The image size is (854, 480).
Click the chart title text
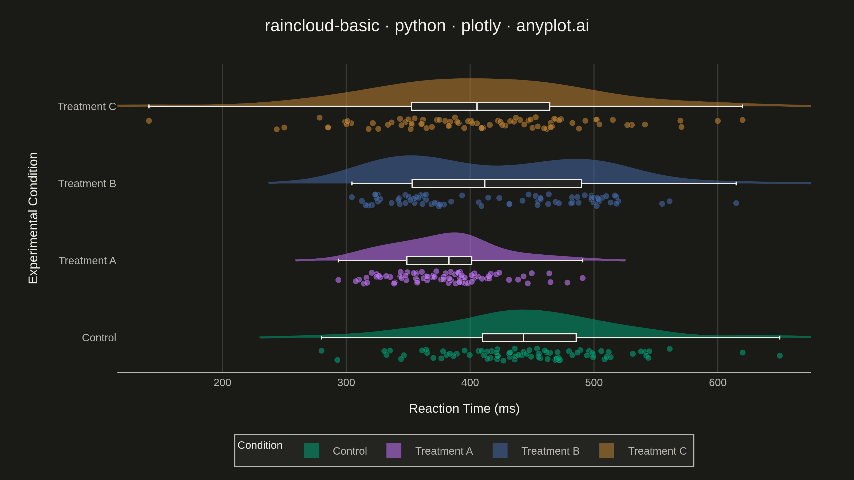[427, 26]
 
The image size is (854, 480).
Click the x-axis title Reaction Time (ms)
[464, 409]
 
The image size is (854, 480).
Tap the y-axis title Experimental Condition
[33, 218]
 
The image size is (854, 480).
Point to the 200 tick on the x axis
[222, 383]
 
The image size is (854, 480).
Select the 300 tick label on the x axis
[346, 383]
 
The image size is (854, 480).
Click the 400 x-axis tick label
[470, 383]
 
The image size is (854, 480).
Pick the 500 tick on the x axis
[594, 383]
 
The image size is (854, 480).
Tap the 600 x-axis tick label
[718, 383]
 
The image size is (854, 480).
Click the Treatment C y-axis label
[87, 107]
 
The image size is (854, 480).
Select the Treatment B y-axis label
[87, 183]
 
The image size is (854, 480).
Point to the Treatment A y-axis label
[88, 261]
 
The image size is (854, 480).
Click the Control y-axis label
[99, 338]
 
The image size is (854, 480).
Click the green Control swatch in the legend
[311, 450]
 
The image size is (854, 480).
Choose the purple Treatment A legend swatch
[394, 450]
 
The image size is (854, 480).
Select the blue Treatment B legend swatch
[500, 450]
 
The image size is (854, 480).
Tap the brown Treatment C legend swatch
[607, 450]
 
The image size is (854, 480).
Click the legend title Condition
[260, 445]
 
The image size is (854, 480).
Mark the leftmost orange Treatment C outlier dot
[149, 121]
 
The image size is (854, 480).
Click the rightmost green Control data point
[780, 356]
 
